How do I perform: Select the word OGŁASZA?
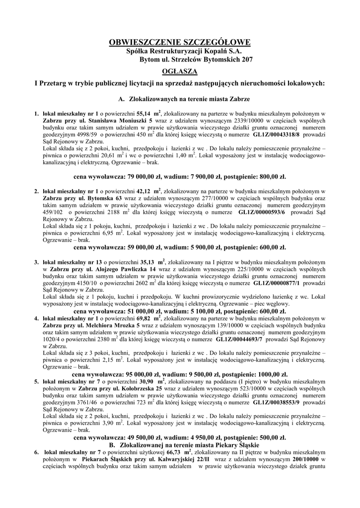tap(180, 71)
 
